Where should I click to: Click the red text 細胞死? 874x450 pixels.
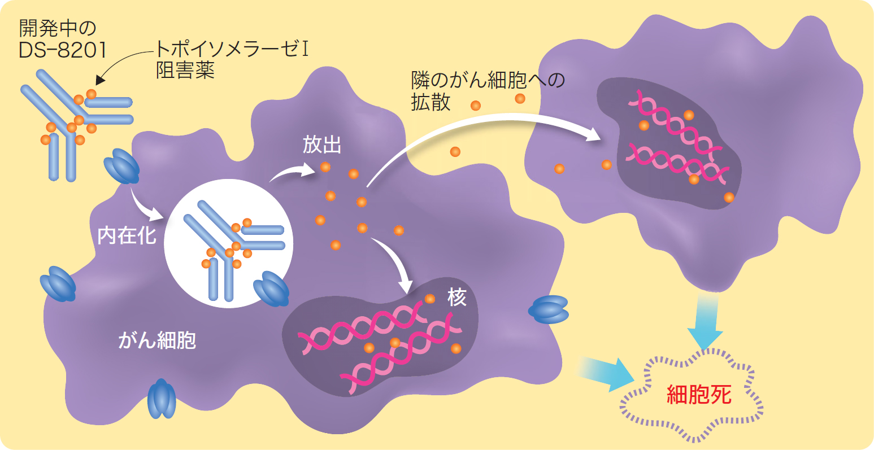(x=699, y=395)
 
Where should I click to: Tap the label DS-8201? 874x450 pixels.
(x=62, y=50)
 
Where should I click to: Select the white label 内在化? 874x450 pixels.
(x=127, y=235)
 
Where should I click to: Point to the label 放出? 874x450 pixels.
(x=322, y=145)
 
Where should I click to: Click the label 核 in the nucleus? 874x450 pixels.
(x=457, y=298)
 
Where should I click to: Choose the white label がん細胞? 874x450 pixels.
(x=157, y=340)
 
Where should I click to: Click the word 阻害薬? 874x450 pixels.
(x=185, y=70)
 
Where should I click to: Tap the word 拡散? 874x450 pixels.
(x=431, y=102)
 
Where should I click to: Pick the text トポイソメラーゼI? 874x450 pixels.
(x=232, y=49)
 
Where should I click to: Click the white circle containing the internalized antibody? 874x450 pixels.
(x=228, y=243)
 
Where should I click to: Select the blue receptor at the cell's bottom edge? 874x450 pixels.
(x=162, y=399)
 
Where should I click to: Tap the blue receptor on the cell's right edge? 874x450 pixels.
(x=548, y=309)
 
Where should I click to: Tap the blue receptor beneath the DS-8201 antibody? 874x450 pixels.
(x=121, y=166)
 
